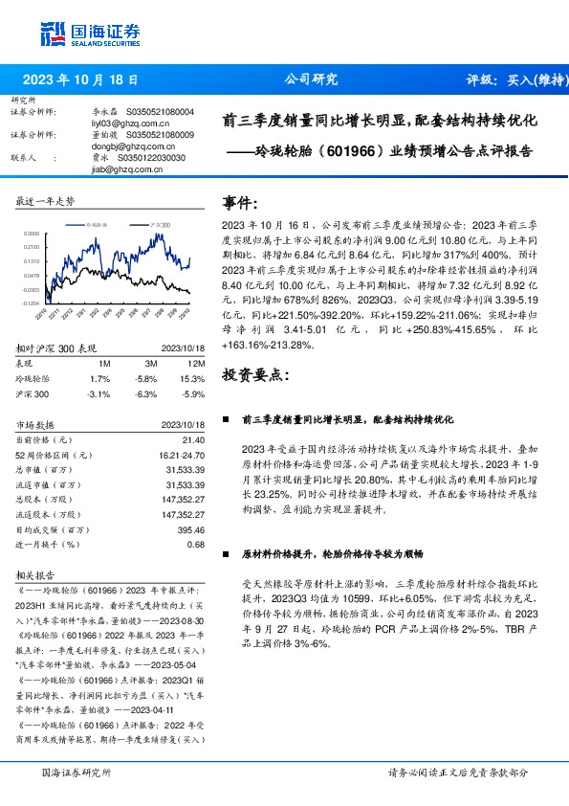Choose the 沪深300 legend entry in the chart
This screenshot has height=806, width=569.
tap(157, 222)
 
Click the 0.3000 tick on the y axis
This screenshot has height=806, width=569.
tap(31, 233)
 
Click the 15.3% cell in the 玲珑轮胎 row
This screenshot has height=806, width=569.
tap(194, 379)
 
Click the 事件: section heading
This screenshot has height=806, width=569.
tap(239, 203)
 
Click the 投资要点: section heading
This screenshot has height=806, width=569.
tap(252, 373)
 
